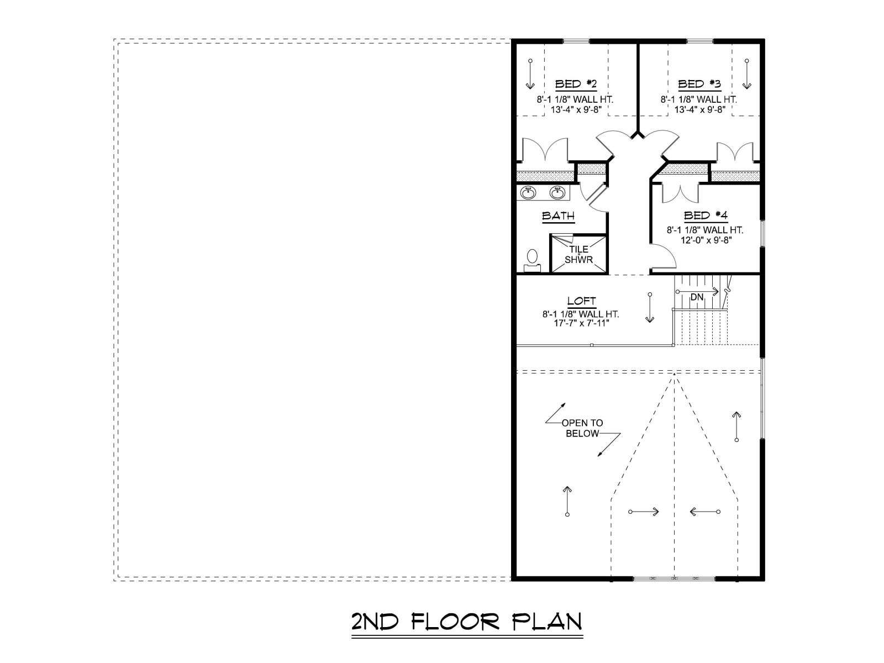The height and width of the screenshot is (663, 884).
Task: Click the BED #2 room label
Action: coord(576,85)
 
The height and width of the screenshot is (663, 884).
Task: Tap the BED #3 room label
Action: coord(699,85)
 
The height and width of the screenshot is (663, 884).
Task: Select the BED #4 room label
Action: coord(706,216)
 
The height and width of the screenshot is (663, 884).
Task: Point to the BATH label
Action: coord(558,216)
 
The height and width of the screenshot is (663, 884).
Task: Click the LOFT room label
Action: coord(582,301)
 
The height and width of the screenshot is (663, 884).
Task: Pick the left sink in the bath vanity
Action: coord(528,193)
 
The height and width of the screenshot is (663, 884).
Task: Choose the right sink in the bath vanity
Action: coord(557,193)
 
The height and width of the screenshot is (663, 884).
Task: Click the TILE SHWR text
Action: coord(578,255)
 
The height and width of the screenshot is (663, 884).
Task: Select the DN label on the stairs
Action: coord(697,297)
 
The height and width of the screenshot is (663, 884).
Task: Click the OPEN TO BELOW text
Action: coord(582,428)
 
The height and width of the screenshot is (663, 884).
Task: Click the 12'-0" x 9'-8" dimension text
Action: coord(705,240)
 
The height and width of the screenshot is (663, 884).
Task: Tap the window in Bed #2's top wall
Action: coord(576,41)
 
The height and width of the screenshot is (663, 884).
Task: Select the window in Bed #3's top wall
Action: coord(699,41)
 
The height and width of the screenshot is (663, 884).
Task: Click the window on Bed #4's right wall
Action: coord(762,233)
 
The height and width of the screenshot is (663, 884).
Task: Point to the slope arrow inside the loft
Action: coord(650,308)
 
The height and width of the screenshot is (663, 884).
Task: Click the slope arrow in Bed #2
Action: coord(530,74)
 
